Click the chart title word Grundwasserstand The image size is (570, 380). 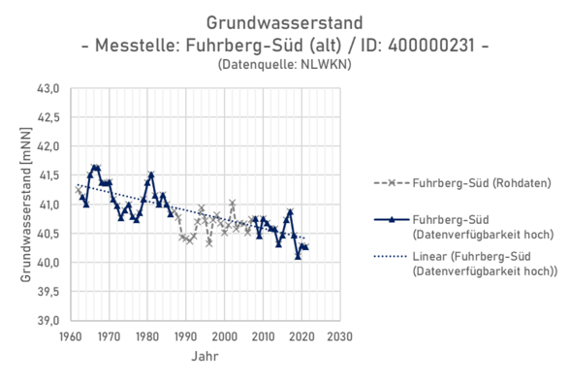click(x=284, y=20)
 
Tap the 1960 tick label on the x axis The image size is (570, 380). click(x=70, y=336)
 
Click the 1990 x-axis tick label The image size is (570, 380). click(x=185, y=336)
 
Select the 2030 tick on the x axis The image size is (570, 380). click(x=340, y=336)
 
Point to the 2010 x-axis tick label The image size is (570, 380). click(x=263, y=336)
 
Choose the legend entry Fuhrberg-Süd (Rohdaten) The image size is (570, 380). click(x=462, y=182)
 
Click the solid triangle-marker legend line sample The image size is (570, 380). click(x=390, y=220)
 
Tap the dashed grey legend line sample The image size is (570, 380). click(x=390, y=182)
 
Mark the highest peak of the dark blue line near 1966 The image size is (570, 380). click(x=94, y=167)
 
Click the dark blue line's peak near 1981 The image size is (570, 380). click(x=151, y=174)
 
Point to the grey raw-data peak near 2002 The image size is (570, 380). click(x=233, y=203)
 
